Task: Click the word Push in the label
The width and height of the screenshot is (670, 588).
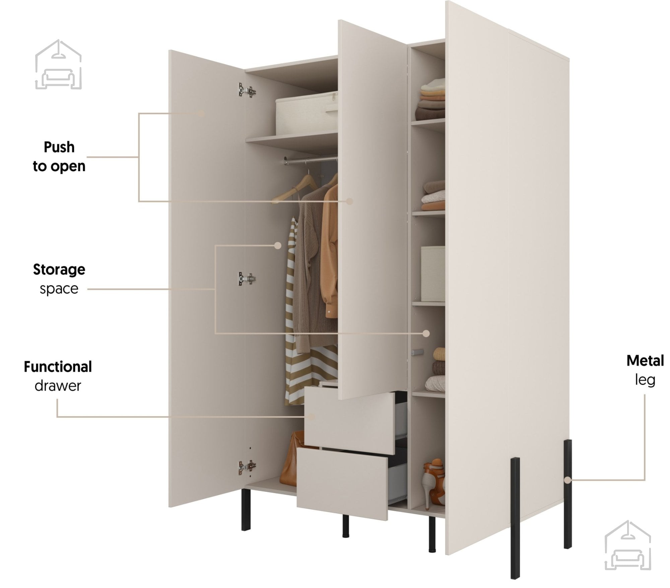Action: pos(59,147)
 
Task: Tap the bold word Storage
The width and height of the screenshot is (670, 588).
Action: pos(59,269)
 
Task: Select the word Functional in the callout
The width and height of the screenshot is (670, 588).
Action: pos(58,367)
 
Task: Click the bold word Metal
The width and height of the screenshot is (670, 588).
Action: pos(645,361)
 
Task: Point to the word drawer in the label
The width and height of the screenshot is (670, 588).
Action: pos(58,386)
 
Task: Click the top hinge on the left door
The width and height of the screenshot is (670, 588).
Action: pos(247,90)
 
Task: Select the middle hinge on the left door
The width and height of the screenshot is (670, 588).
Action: pos(247,278)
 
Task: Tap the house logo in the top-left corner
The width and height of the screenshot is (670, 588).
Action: pos(58,65)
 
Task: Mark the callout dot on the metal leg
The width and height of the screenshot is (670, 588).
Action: pos(567,480)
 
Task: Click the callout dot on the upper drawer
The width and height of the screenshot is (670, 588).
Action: pos(311,417)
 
